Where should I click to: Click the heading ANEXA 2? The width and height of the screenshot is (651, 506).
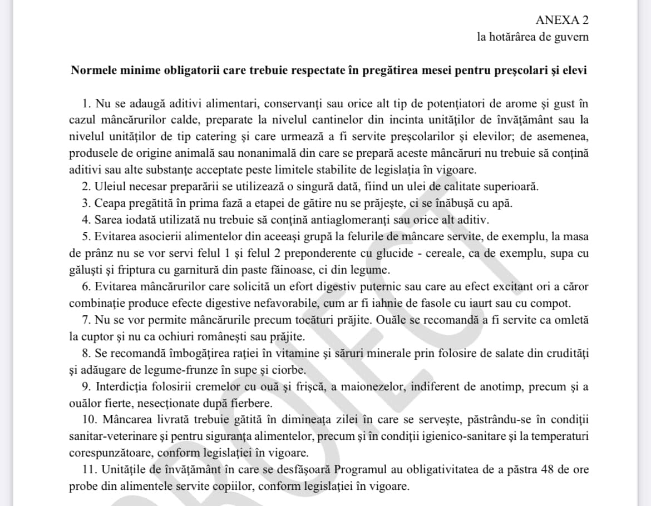[561, 20]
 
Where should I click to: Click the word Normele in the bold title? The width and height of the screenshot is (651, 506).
[92, 71]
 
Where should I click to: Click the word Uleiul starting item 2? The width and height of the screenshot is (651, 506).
[111, 186]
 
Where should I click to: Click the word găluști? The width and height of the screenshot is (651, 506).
[87, 270]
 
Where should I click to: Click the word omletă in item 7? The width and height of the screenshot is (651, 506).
[570, 320]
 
